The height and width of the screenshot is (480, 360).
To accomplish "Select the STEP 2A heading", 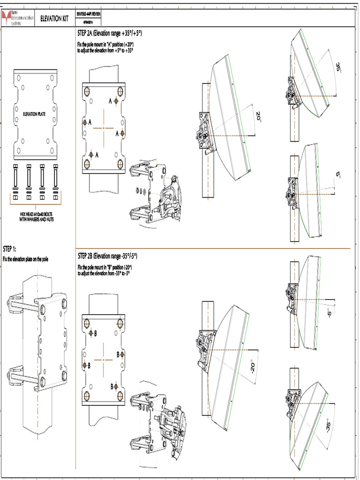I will (x=110, y=34).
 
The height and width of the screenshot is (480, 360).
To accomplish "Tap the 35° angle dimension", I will (x=338, y=67).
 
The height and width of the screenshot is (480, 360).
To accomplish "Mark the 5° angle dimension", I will (x=338, y=174).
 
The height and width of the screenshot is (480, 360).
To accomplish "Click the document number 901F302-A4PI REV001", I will (x=88, y=15).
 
